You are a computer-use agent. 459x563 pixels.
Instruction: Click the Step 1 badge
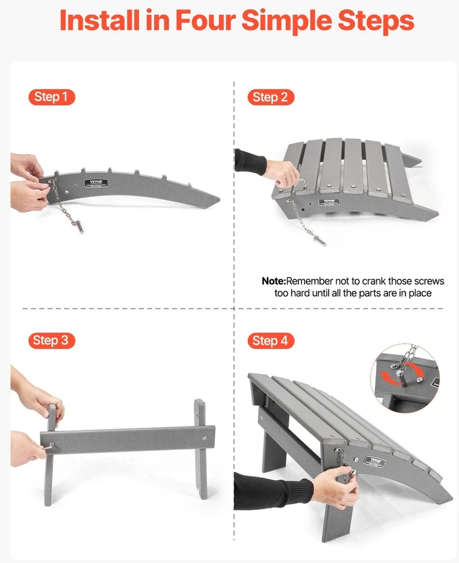52,97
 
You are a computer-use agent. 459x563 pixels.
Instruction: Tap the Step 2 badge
271,97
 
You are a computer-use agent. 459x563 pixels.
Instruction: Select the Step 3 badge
52,340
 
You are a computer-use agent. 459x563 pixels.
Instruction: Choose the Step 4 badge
271,340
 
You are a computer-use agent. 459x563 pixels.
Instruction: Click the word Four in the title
206,20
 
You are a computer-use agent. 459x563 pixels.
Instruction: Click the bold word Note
273,281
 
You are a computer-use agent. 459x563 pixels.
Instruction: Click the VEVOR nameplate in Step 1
93,183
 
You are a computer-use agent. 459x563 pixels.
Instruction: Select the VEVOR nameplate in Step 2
329,202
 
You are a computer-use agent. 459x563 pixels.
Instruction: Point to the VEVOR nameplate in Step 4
374,461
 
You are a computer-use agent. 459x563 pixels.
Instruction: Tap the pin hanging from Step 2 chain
319,240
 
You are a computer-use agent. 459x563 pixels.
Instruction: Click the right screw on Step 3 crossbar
204,438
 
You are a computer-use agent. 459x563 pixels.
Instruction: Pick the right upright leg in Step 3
201,449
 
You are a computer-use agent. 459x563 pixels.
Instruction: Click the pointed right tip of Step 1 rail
219,198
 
